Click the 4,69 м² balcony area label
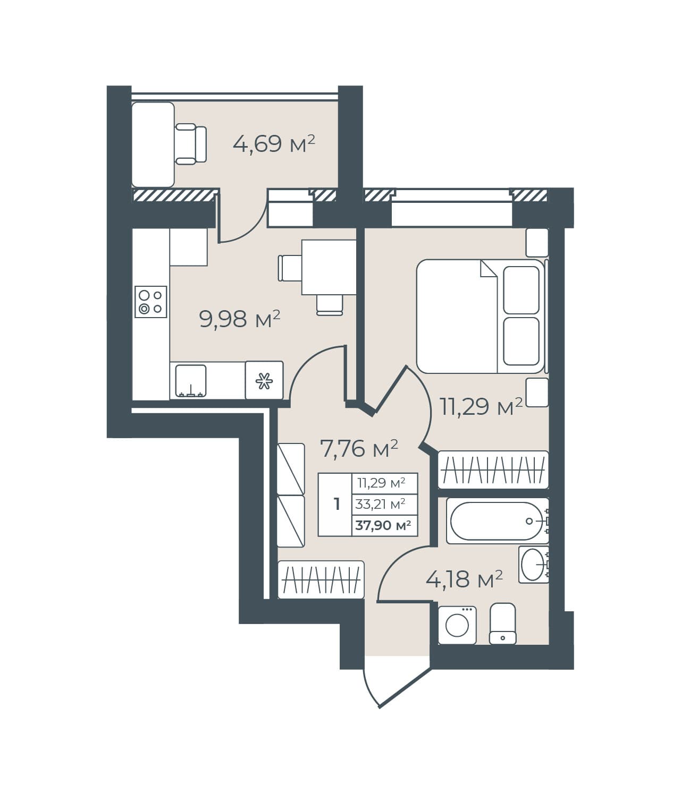[274, 144]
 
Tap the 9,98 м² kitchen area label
[240, 319]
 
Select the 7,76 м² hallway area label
[359, 448]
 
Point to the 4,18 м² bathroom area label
[464, 579]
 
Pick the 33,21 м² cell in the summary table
[380, 504]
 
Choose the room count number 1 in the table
[337, 504]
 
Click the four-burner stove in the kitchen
[151, 302]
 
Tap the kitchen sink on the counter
[191, 381]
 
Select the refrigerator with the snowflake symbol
[264, 380]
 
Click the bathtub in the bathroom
[497, 521]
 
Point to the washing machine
[457, 625]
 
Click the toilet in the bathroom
[502, 624]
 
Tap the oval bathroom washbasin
[533, 565]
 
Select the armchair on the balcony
[191, 144]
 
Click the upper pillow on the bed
[521, 290]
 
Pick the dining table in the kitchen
[329, 267]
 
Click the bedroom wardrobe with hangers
[493, 470]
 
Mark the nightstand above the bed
[537, 243]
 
